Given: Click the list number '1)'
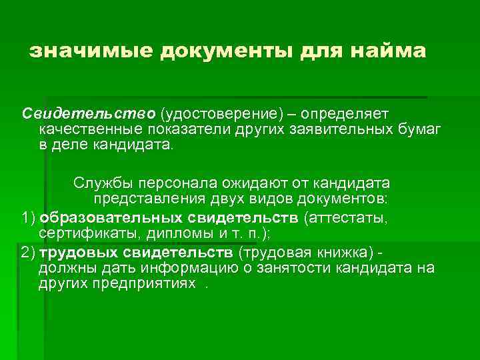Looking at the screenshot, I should [28, 218].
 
